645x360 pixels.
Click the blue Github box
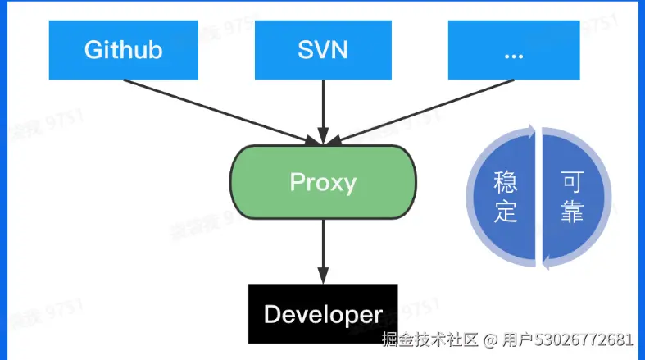pos(123,49)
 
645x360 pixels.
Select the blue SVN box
pos(323,49)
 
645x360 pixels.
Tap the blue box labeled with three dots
pos(515,49)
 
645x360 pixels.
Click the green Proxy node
pos(323,181)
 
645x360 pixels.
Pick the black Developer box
pos(323,313)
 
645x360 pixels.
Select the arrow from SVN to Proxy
pos(323,107)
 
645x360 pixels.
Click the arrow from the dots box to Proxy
pos(426,107)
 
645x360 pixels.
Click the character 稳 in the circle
pos(506,182)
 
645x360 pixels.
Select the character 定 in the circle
pos(506,212)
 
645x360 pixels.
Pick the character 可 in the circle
pos(571,182)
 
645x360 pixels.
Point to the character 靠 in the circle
pos(571,212)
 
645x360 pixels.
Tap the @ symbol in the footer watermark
pos(490,339)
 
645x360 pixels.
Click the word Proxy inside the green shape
pos(323,181)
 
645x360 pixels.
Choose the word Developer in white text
pos(323,314)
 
